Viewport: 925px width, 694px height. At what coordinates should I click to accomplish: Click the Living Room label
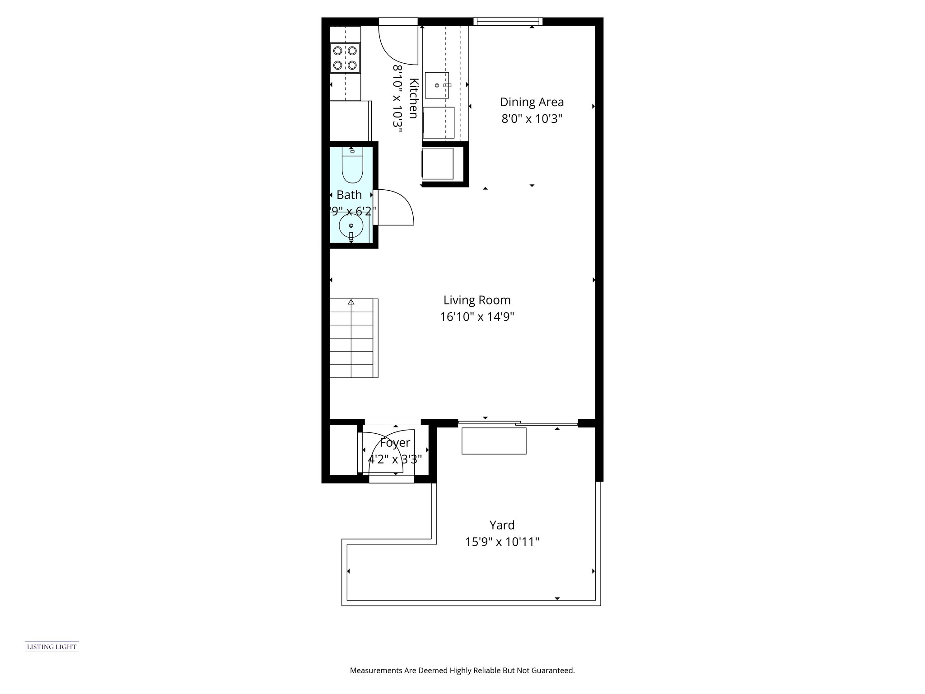477,300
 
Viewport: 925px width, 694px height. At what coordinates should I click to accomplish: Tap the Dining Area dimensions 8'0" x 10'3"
532,119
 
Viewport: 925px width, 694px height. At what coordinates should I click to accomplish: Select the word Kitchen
413,98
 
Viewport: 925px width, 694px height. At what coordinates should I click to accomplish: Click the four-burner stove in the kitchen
345,58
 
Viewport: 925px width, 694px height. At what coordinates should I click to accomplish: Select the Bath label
349,195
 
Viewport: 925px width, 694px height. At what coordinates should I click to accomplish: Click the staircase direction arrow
351,303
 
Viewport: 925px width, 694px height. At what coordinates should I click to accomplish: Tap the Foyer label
395,443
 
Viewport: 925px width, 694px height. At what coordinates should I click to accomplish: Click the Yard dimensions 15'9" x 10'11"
502,541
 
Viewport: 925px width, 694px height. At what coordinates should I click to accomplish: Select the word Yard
502,525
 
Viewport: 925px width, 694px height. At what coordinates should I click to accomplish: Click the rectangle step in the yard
494,441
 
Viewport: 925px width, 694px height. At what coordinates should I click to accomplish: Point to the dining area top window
507,21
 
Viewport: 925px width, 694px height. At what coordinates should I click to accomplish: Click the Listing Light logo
51,647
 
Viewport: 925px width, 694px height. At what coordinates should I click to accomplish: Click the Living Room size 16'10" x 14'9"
477,317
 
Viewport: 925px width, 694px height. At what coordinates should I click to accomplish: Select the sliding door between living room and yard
518,423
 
